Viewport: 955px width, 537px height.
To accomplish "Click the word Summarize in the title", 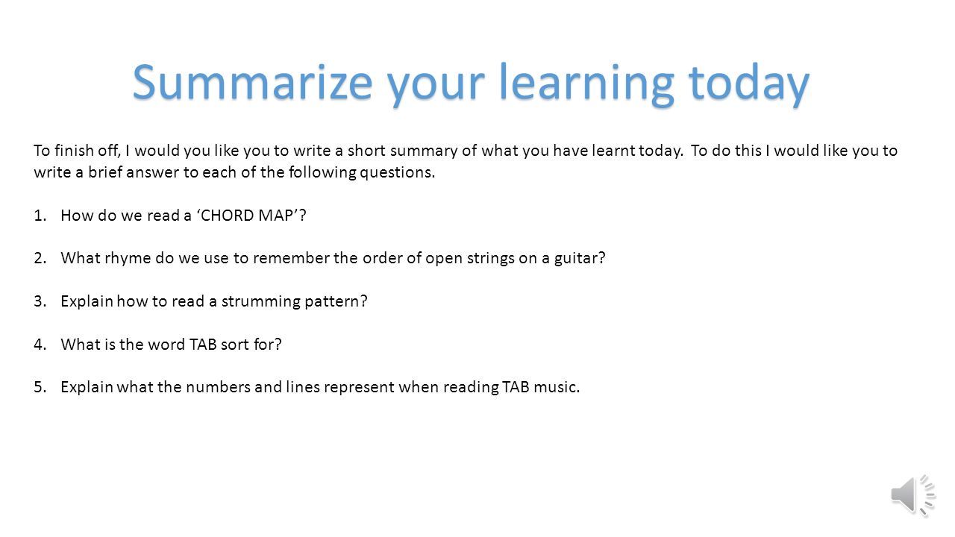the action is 252,82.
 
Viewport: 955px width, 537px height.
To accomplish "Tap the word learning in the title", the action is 586,85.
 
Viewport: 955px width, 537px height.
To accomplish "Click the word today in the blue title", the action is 748,85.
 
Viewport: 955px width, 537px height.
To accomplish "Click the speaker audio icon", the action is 913,496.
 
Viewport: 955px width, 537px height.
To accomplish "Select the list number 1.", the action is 40,216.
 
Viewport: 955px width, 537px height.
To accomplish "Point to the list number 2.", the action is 40,258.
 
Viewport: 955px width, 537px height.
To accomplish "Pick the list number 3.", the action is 40,301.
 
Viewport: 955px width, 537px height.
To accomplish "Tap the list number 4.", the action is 40,345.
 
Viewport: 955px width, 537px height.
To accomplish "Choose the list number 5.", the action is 40,387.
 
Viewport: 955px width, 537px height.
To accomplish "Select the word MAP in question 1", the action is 276,216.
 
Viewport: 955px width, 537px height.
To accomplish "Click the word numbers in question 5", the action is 218,387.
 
